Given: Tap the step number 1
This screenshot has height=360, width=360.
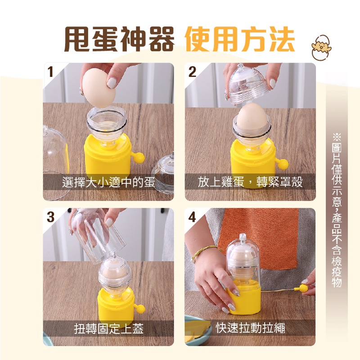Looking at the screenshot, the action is [x=50, y=72].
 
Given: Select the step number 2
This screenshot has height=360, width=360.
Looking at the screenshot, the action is [x=193, y=72].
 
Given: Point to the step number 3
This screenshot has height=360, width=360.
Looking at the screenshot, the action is [x=50, y=217].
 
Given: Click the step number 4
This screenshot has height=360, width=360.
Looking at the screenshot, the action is [x=193, y=217].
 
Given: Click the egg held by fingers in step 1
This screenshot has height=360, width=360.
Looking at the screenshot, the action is [x=99, y=88].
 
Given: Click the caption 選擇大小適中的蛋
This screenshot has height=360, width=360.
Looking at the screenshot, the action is [x=108, y=183].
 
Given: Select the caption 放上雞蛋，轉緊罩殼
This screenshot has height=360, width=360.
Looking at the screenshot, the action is [x=250, y=182].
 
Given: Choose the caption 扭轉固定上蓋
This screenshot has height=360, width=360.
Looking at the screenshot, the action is [x=109, y=328].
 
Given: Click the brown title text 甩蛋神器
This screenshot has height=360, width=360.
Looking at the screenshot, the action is [x=119, y=39].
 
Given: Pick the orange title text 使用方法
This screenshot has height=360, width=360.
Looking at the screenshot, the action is [x=240, y=39].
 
